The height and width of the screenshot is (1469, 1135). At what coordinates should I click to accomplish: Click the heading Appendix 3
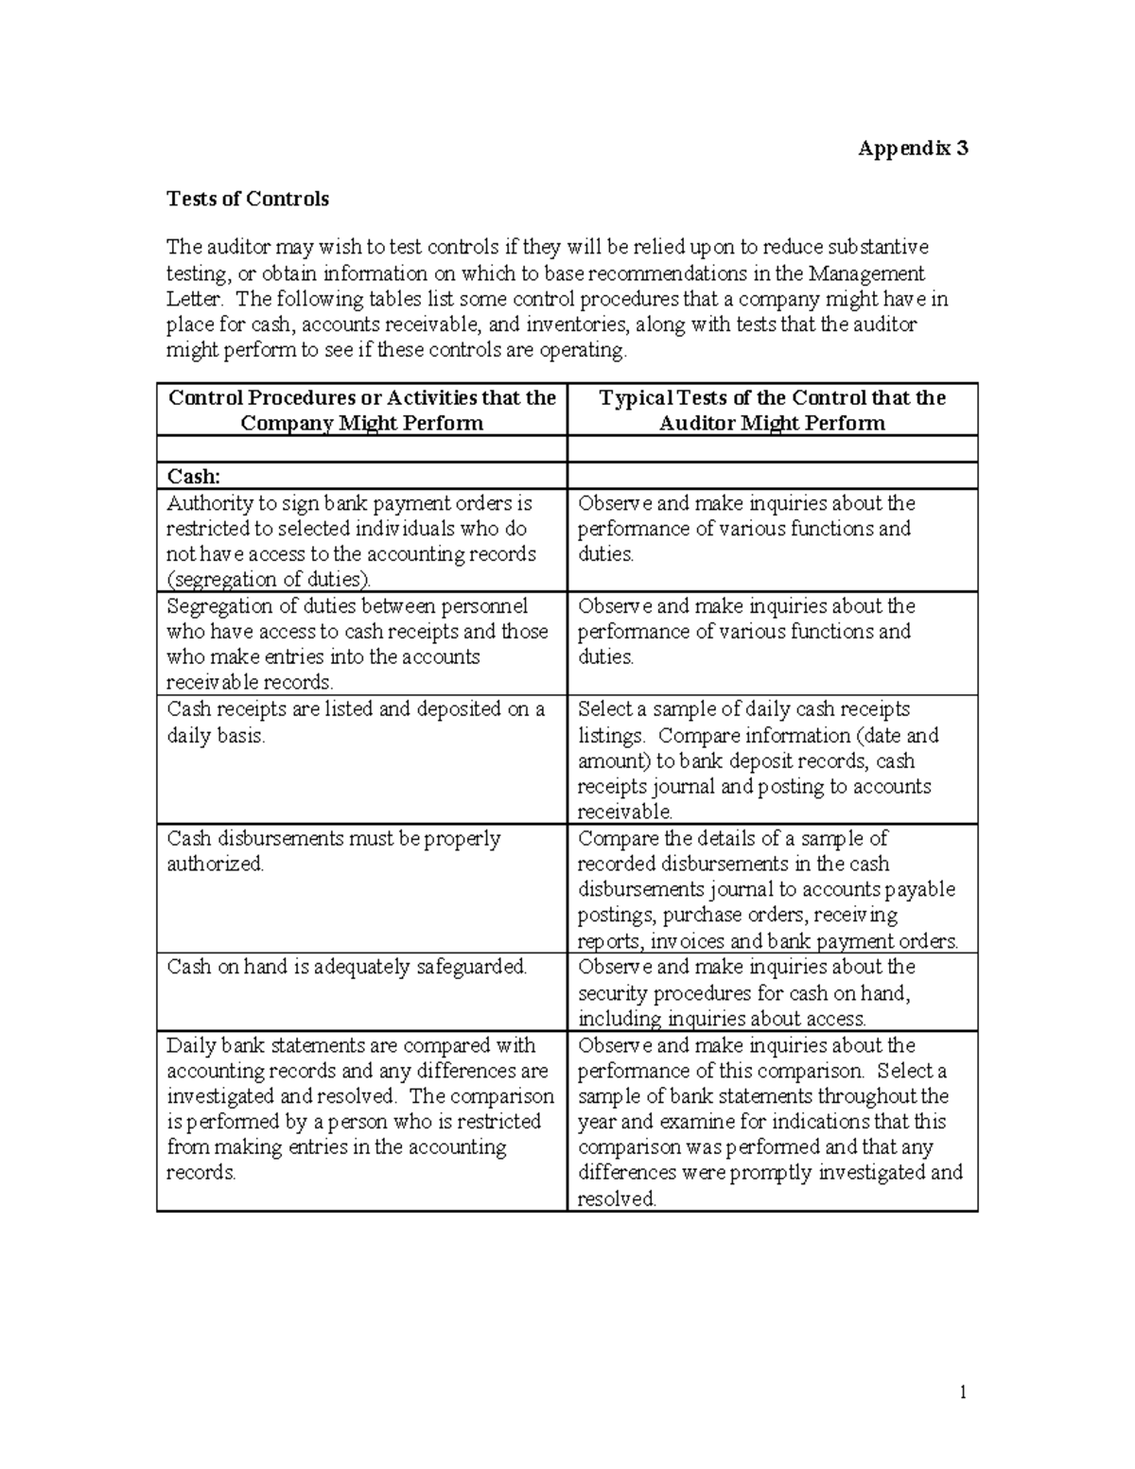point(912,149)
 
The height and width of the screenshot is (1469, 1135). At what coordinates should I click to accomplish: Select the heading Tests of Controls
point(248,199)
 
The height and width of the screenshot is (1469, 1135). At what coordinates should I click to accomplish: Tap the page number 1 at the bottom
point(963,1391)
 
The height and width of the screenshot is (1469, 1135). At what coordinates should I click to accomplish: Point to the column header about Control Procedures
point(361,410)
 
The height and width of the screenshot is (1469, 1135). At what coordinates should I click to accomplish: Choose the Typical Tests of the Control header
point(772,410)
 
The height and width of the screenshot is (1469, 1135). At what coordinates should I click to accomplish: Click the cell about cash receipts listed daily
point(356,722)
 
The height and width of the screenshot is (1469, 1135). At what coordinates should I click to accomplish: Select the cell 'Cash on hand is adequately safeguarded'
point(346,968)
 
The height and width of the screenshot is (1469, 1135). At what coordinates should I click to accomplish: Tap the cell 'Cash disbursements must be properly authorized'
point(333,850)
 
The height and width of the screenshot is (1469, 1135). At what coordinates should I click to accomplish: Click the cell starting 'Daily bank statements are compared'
point(359,1109)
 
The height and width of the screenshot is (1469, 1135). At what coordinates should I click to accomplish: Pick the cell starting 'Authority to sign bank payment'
point(352,541)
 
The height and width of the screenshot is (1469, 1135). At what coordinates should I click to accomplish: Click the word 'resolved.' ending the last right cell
point(617,1199)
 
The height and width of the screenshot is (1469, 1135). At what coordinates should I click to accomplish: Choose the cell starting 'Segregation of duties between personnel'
point(358,644)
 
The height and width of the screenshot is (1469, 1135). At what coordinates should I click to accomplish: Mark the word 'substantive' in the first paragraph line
point(878,248)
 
